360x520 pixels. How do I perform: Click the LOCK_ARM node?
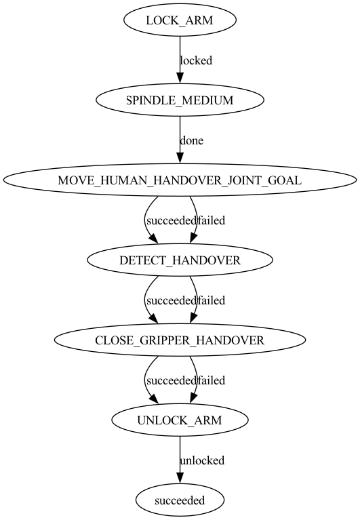click(180, 20)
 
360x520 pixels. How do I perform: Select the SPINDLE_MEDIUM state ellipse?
click(180, 100)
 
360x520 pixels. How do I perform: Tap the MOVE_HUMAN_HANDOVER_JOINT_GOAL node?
click(180, 180)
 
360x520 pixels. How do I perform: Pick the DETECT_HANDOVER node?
click(180, 260)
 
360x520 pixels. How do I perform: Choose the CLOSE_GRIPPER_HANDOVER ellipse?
click(180, 340)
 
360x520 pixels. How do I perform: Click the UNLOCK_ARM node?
click(180, 420)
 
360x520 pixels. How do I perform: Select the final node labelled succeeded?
click(180, 501)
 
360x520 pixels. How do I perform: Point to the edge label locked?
click(196, 60)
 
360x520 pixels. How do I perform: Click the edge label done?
click(191, 140)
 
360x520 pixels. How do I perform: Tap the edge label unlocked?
click(201, 460)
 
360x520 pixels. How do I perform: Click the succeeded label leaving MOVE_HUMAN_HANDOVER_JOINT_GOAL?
click(171, 220)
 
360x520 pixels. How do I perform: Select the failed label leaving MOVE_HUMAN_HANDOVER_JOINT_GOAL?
click(212, 220)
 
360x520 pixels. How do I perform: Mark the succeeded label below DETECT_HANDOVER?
click(171, 300)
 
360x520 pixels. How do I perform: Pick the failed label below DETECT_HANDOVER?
click(212, 300)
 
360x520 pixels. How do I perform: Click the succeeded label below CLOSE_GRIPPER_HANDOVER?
click(171, 380)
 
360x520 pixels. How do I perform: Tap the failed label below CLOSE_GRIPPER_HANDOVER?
click(212, 380)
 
